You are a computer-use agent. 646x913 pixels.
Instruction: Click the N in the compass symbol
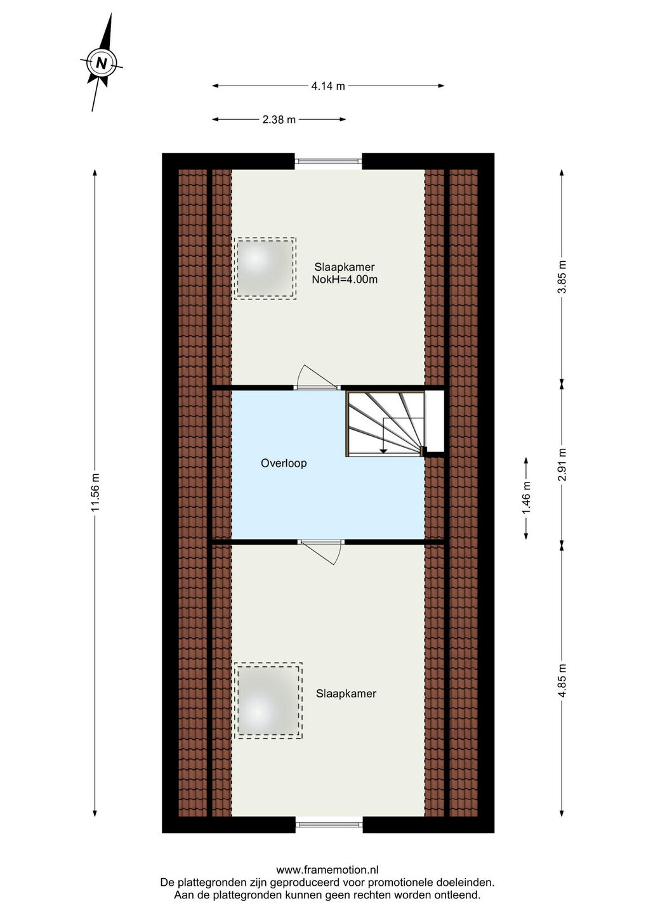tap(101, 63)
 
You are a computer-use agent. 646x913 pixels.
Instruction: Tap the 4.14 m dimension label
tap(328, 86)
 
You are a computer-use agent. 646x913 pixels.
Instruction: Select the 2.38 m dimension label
tap(279, 120)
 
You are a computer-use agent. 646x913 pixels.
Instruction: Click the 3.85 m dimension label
tap(563, 276)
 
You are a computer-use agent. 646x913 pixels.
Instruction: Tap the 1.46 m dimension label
tap(527, 498)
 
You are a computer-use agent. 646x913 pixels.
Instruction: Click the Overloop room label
tap(284, 463)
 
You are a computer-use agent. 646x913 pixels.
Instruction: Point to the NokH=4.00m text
tap(345, 280)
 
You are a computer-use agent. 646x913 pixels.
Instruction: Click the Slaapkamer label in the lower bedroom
tap(346, 694)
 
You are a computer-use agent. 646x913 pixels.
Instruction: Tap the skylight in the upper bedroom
tap(265, 269)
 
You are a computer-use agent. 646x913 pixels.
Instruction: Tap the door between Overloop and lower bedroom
tap(321, 553)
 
